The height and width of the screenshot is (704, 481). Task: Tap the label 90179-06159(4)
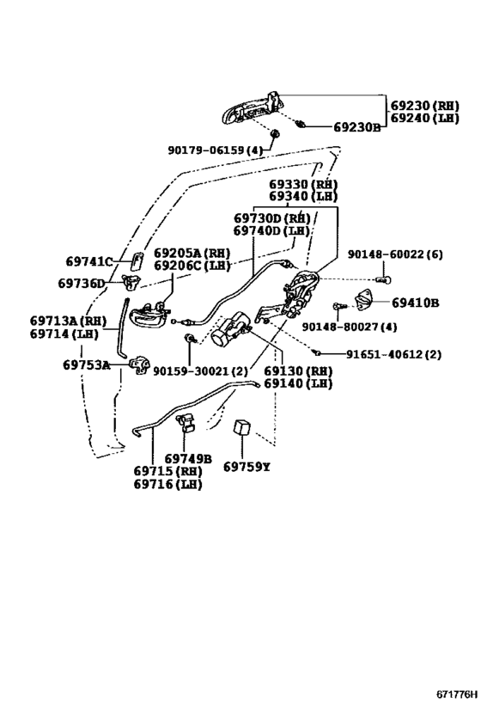215,150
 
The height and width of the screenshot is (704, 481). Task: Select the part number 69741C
89,261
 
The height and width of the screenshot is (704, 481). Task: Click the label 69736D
82,283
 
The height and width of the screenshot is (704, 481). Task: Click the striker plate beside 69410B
367,301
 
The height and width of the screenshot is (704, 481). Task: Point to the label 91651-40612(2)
394,354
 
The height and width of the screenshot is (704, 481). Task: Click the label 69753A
86,364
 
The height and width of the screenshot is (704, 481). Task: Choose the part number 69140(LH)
297,383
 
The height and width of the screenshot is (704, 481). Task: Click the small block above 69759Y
242,428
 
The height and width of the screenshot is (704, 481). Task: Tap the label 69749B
188,459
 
